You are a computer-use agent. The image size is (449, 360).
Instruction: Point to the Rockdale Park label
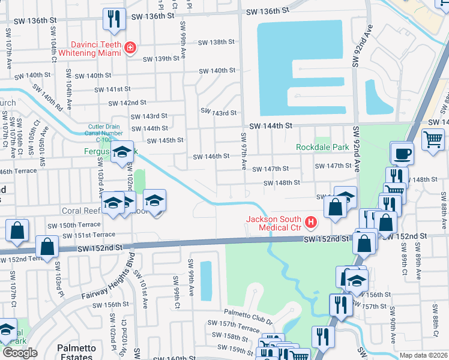322,147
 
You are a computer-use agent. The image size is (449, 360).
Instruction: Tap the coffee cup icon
402,153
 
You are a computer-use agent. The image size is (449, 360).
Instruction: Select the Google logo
20,353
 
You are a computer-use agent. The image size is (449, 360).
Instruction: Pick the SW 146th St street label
211,157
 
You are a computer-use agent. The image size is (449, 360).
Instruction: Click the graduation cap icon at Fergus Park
122,152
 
